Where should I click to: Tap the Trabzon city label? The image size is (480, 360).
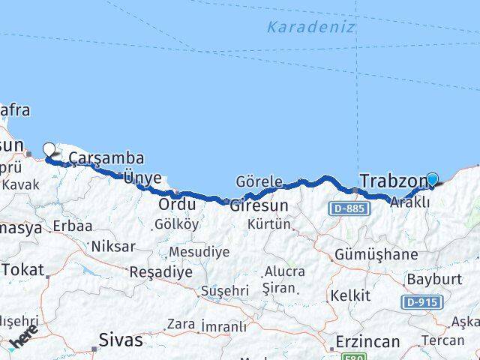tap(392, 181)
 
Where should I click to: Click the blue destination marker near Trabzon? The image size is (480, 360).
tap(433, 179)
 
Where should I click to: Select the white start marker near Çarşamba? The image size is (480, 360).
tap(49, 149)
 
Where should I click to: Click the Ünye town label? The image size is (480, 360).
tap(142, 178)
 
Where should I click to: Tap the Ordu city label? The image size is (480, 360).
tap(178, 204)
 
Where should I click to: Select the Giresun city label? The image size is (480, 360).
tap(259, 204)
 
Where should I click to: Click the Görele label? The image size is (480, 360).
tap(259, 181)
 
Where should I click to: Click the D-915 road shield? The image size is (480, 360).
tap(422, 302)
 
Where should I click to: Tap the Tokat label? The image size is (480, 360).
tap(23, 269)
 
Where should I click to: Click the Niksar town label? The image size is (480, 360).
tap(112, 246)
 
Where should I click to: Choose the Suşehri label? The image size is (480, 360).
tap(224, 290)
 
